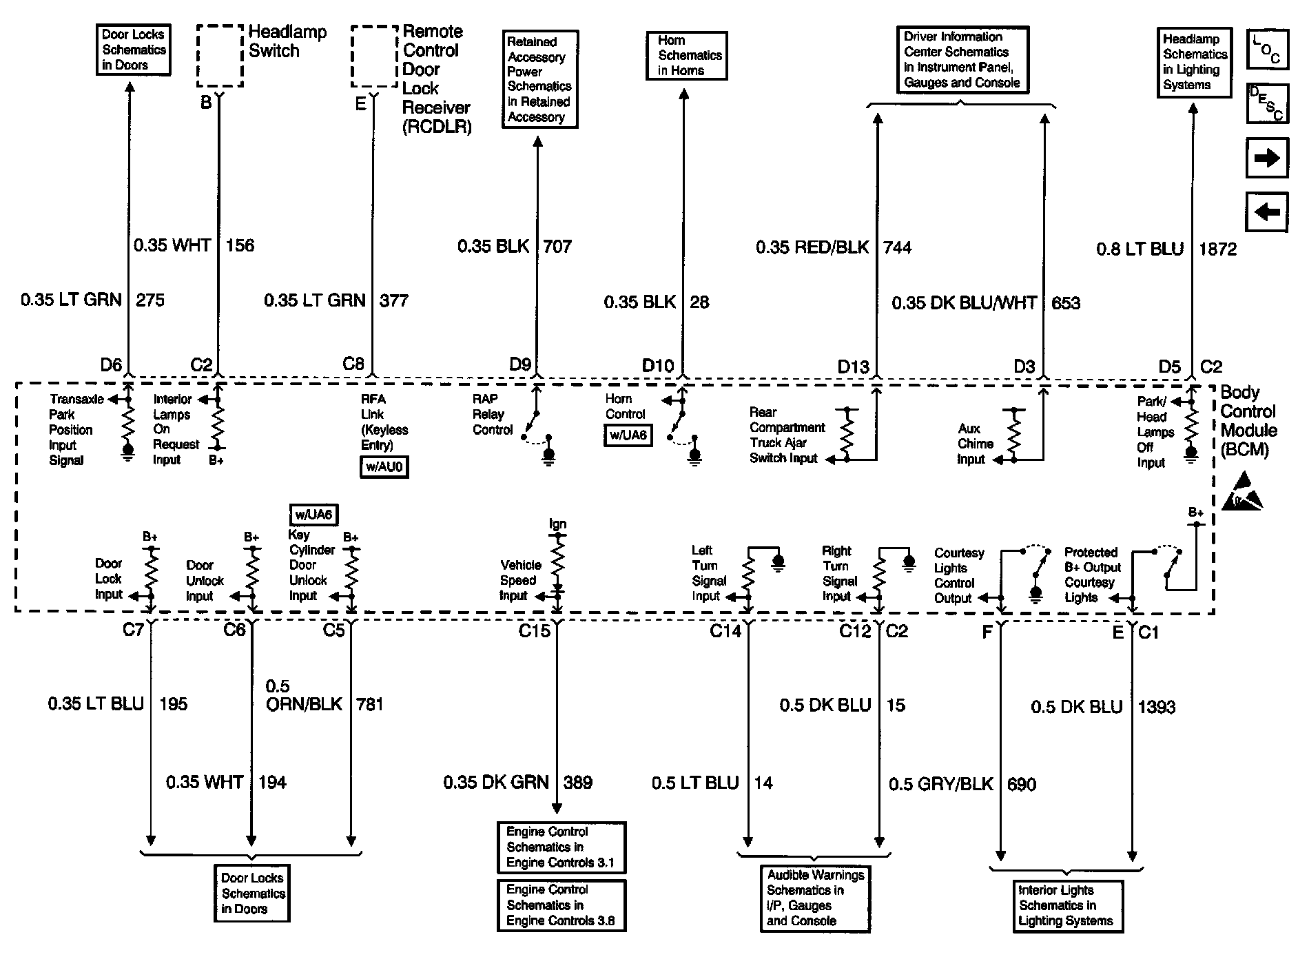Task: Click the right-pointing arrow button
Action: [1267, 158]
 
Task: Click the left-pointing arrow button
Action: [1267, 212]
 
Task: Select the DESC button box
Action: [1267, 103]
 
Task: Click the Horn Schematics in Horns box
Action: [686, 55]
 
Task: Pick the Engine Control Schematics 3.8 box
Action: [561, 905]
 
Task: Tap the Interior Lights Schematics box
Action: [1065, 906]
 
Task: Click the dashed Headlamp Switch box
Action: [220, 56]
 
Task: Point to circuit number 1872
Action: [1217, 249]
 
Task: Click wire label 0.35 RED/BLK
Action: [812, 247]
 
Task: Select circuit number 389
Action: [577, 782]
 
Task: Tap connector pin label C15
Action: [534, 631]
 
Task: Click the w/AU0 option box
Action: [384, 468]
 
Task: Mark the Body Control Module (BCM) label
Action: [1248, 421]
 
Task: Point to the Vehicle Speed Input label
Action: [520, 580]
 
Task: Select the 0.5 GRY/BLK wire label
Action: [940, 784]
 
